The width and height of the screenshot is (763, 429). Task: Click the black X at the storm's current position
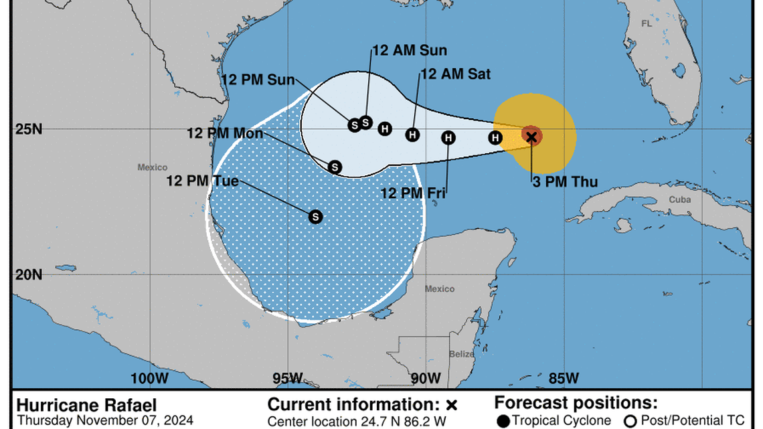tap(531, 137)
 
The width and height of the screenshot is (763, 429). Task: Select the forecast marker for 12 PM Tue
tap(315, 217)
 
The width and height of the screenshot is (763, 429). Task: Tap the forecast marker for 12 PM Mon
tap(335, 167)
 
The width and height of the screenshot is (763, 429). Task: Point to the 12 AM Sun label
tap(410, 50)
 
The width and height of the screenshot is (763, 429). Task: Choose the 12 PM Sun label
tap(258, 80)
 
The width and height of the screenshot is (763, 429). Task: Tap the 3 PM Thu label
tap(565, 181)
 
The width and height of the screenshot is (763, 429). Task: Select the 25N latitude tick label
tap(29, 128)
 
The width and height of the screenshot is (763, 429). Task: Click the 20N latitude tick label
tap(29, 274)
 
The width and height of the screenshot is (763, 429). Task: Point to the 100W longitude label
tap(149, 379)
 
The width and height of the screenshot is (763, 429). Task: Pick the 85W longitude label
tap(563, 379)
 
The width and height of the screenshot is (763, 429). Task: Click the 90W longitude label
tap(426, 379)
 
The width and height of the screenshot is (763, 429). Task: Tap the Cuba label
tap(680, 199)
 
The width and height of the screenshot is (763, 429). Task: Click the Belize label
tap(462, 354)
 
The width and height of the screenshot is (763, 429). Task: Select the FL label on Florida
tap(646, 23)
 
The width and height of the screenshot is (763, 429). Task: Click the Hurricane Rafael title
tap(86, 405)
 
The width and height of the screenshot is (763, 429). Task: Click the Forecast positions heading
tap(576, 403)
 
